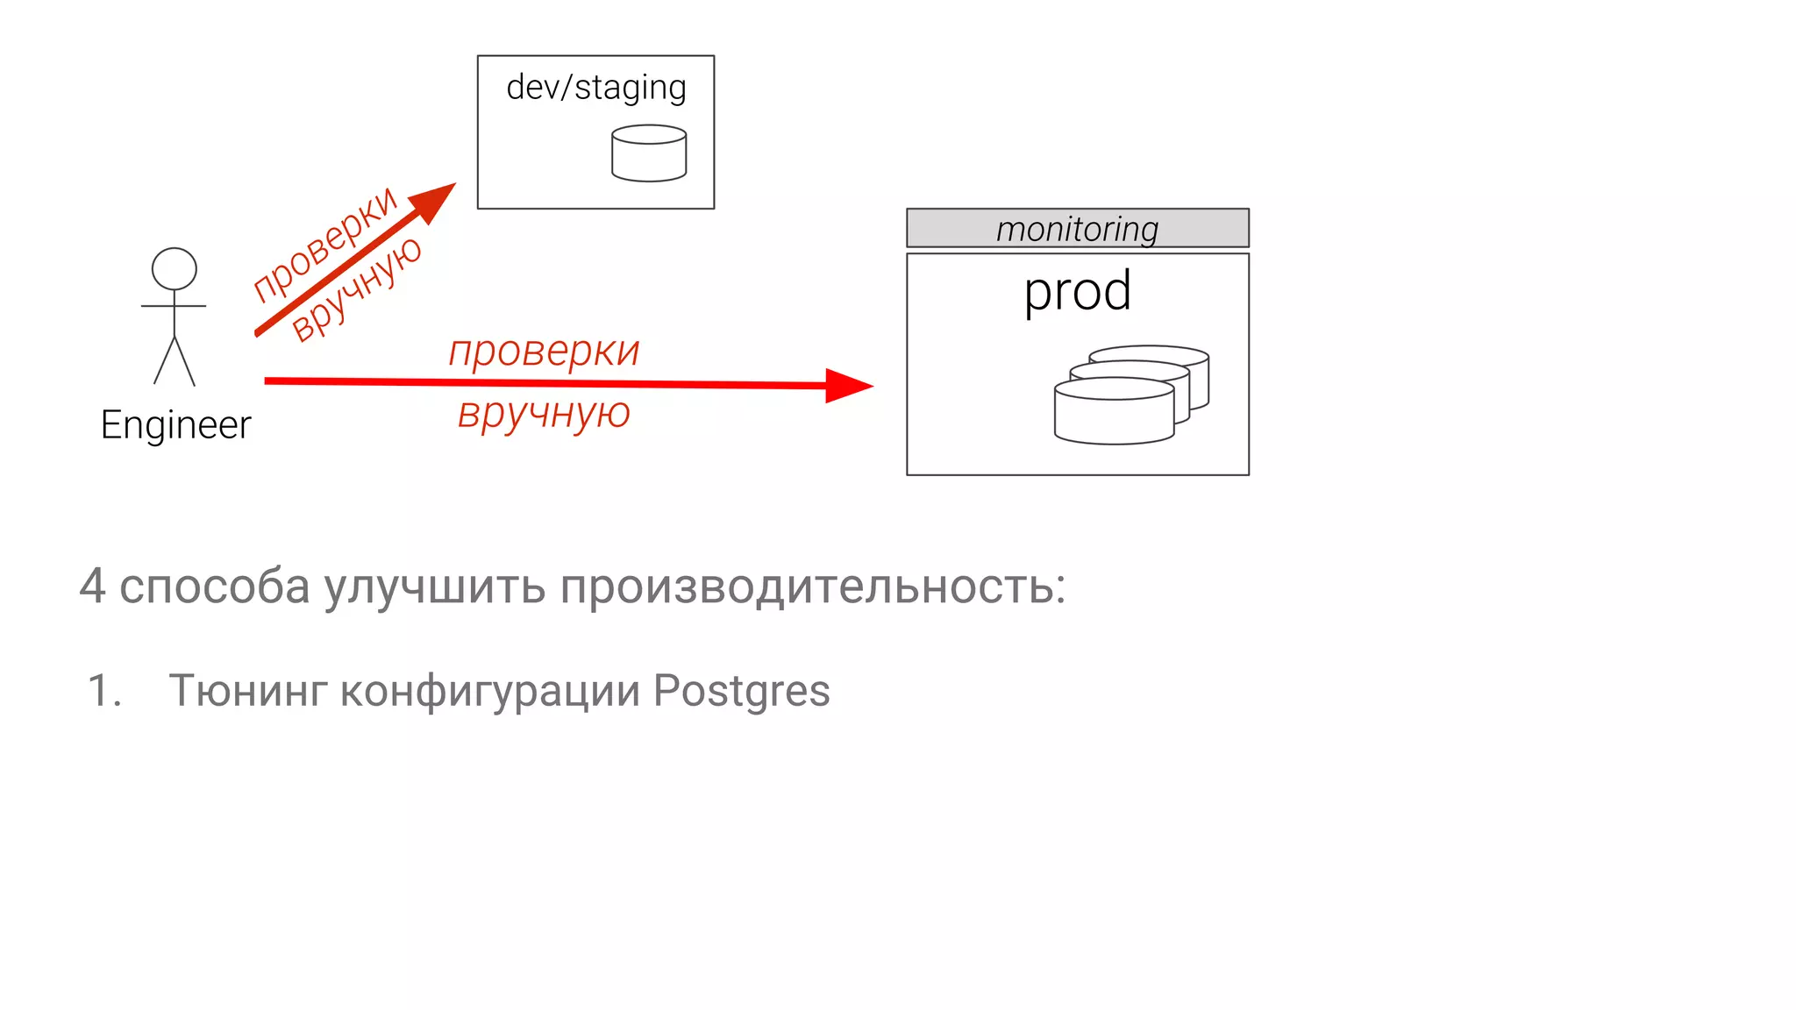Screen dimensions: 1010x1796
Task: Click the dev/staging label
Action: [596, 89]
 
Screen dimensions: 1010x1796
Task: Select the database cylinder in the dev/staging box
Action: [649, 154]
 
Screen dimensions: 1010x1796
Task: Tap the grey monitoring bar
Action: [1077, 229]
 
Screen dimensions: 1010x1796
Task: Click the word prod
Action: [1078, 291]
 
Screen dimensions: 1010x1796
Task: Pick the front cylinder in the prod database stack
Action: [1114, 412]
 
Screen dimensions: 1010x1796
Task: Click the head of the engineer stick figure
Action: [175, 268]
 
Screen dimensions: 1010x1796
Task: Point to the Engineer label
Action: [175, 425]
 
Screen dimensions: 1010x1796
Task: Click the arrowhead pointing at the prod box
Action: [847, 385]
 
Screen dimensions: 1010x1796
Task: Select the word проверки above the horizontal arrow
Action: [544, 352]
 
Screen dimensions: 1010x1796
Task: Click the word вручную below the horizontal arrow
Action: [544, 413]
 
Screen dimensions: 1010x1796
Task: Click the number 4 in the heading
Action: [92, 586]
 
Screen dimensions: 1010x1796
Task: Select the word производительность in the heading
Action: [812, 586]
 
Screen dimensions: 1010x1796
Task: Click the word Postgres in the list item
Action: [741, 691]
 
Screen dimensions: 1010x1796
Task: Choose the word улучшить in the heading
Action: [435, 586]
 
